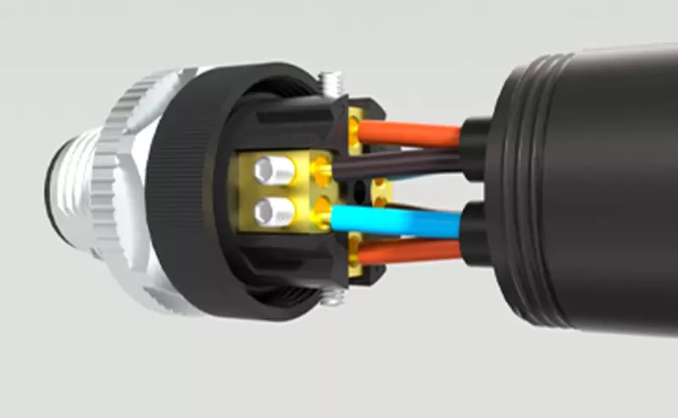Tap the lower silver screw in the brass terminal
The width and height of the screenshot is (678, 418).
273,209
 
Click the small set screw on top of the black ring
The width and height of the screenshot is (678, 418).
331,84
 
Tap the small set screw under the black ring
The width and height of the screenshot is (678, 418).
335,297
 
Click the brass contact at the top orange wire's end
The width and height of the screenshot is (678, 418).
353,128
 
